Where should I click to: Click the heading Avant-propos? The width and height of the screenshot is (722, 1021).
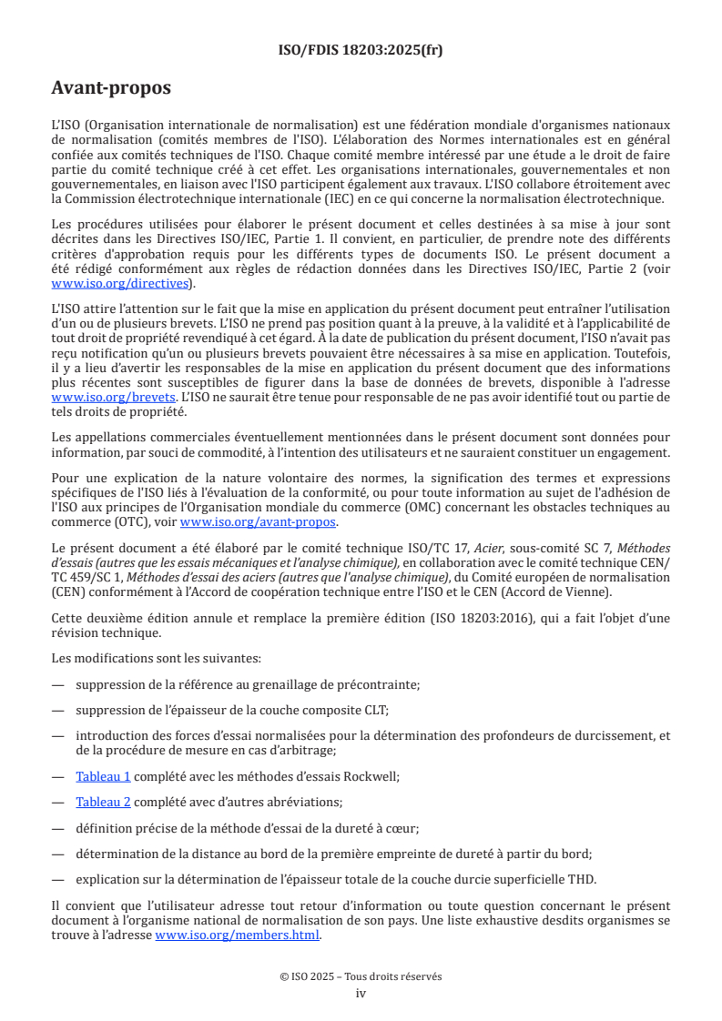click(111, 88)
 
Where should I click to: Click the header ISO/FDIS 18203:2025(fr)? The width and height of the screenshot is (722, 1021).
click(360, 50)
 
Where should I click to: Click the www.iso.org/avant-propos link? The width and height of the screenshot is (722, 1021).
click(259, 521)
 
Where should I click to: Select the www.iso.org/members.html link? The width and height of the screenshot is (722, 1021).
click(238, 935)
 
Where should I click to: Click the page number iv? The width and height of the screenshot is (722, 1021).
click(361, 993)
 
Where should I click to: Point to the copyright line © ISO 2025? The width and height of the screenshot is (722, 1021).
click(361, 976)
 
